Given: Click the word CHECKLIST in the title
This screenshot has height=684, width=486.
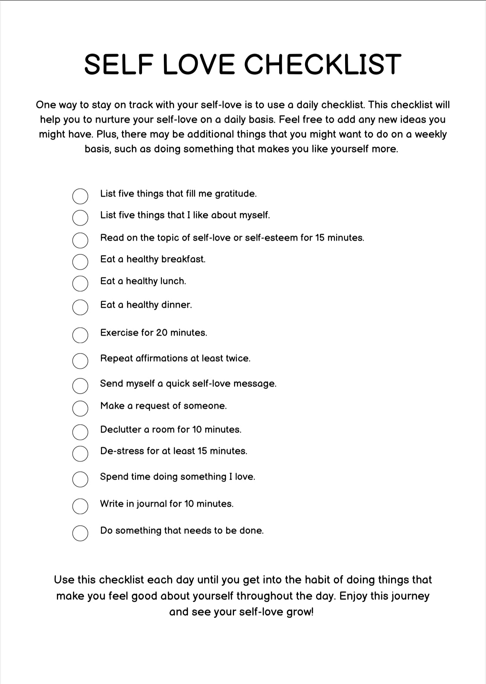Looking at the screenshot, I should (323, 64).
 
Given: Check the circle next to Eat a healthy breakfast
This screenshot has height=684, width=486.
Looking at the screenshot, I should (80, 262).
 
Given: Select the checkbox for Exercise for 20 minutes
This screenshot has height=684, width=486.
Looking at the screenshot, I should (80, 335).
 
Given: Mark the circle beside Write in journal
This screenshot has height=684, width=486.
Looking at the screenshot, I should (80, 506).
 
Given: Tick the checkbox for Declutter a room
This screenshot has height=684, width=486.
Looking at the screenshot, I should (80, 432).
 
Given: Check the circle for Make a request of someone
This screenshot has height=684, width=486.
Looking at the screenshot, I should (80, 408).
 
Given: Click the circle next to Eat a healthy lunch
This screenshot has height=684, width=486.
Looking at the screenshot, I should (80, 283).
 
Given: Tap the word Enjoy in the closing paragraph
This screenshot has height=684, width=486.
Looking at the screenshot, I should (353, 596).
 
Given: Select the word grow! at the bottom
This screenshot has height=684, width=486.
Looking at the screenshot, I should (300, 612).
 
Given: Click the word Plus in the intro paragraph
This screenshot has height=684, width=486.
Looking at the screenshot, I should (105, 135).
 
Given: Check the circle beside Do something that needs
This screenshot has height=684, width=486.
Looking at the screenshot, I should (80, 533).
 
